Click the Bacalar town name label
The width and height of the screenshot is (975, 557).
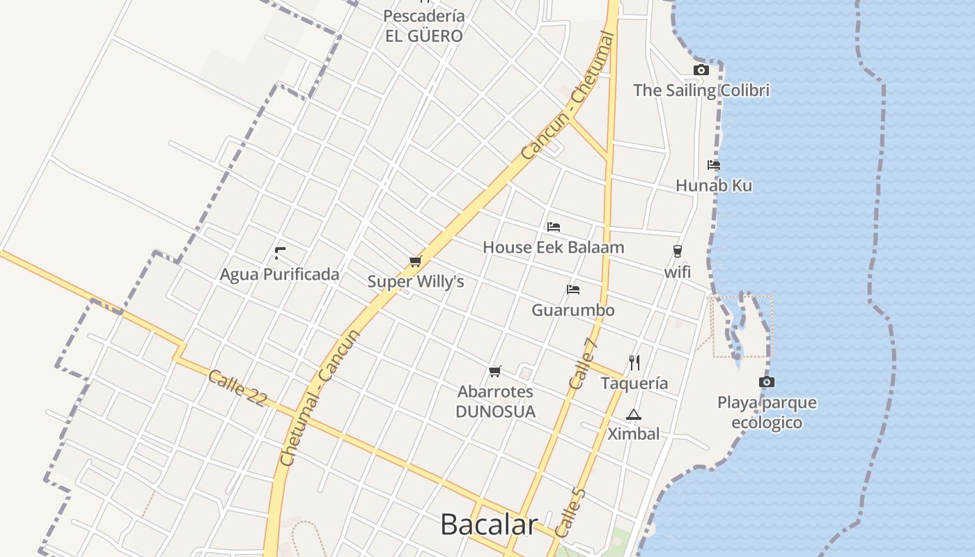(x=489, y=525)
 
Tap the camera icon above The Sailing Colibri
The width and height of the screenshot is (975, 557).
(x=701, y=70)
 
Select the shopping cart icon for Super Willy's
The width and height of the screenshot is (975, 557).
(x=416, y=261)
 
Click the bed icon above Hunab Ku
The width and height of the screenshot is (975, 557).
(x=714, y=165)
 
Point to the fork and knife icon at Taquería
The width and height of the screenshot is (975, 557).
(x=634, y=362)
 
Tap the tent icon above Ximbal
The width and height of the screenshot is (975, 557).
(x=633, y=414)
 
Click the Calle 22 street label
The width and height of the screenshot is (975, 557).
(x=237, y=388)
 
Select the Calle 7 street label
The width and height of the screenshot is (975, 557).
(x=584, y=363)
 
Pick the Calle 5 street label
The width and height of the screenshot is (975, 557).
(x=570, y=512)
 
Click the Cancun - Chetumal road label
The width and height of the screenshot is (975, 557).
(x=568, y=95)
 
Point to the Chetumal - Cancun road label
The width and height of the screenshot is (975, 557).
(x=320, y=397)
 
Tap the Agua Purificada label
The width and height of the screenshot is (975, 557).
(x=279, y=274)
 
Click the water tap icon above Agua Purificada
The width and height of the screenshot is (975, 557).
(x=280, y=253)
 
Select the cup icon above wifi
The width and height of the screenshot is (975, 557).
(x=677, y=251)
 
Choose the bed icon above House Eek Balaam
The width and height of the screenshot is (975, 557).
(x=554, y=226)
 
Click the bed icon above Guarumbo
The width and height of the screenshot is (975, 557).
(x=573, y=289)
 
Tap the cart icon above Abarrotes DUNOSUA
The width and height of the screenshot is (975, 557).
(x=495, y=371)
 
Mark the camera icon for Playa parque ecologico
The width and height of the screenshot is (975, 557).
(x=767, y=382)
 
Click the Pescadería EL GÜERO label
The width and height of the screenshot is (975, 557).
(x=424, y=26)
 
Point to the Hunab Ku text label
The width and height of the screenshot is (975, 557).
(x=714, y=186)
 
